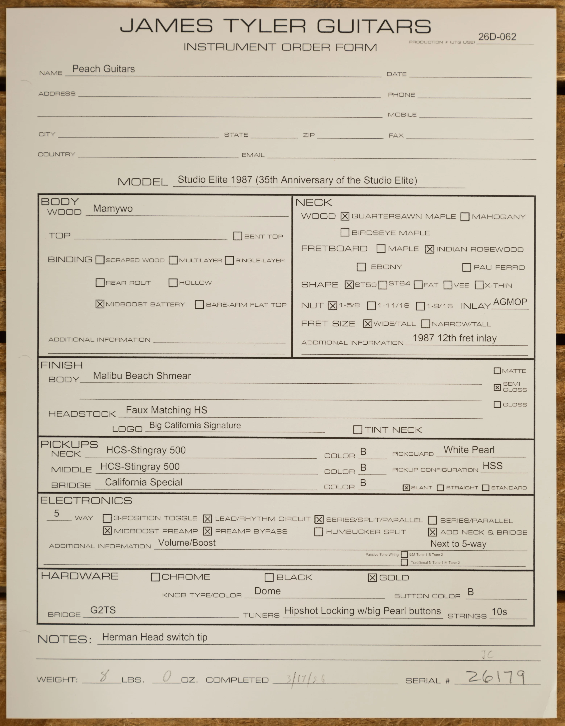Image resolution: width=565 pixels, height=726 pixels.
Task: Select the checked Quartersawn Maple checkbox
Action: tap(345, 216)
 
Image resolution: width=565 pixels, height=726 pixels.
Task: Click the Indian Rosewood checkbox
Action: tap(429, 249)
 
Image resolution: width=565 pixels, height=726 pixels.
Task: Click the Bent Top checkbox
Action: tap(237, 236)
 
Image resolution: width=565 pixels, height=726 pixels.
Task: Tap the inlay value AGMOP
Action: tap(510, 302)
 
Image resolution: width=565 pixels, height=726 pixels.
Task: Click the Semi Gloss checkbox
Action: tap(497, 387)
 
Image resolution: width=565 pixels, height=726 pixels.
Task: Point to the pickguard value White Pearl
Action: tap(469, 450)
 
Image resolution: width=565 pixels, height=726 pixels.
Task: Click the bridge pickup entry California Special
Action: tap(144, 482)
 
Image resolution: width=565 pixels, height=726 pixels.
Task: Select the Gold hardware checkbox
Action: tap(372, 578)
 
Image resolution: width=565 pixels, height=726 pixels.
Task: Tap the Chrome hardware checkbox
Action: tap(155, 577)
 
